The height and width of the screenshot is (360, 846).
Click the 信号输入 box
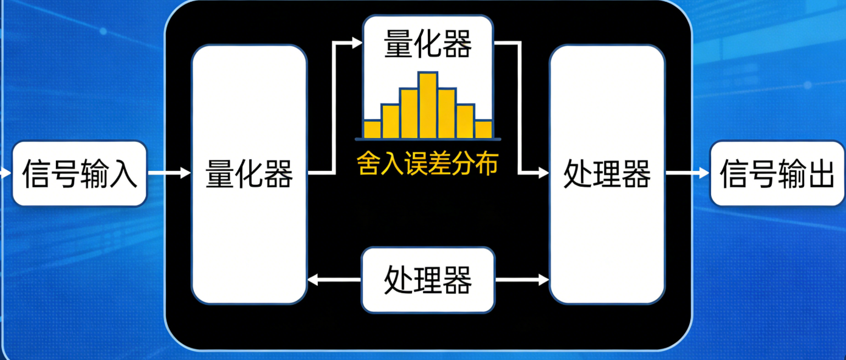pyautogui.click(x=80, y=174)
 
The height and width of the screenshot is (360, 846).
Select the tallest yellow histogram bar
pyautogui.click(x=428, y=105)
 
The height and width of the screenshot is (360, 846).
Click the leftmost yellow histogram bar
pyautogui.click(x=372, y=129)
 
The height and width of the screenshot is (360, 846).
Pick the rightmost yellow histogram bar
pyautogui.click(x=484, y=129)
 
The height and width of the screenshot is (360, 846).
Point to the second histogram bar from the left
pyautogui.click(x=391, y=121)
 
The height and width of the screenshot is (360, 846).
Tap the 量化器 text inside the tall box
pyautogui.click(x=249, y=174)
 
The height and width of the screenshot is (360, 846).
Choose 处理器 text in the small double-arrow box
pyautogui.click(x=428, y=280)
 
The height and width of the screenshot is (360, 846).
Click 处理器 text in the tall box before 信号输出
pyautogui.click(x=607, y=174)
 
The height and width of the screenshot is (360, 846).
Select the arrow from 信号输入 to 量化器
pyautogui.click(x=170, y=174)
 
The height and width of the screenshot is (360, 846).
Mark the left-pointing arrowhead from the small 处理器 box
pyautogui.click(x=313, y=280)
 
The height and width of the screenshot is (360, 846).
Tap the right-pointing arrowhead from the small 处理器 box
pyautogui.click(x=543, y=280)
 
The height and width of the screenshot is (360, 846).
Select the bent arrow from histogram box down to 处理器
pyautogui.click(x=520, y=109)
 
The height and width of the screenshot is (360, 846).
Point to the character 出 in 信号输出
pyautogui.click(x=821, y=174)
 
